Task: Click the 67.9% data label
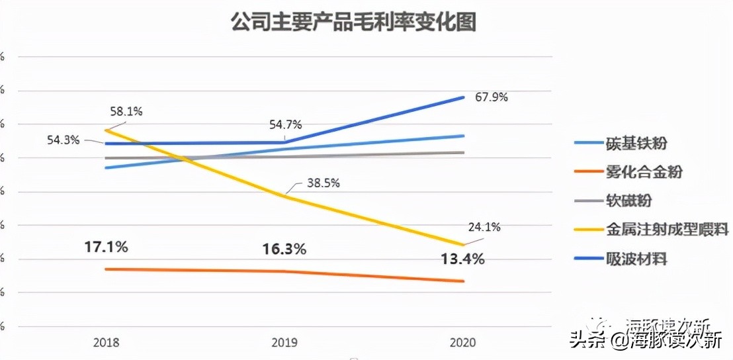point(492,97)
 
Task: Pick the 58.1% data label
point(126,112)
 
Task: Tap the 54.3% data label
point(64,140)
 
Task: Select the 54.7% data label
point(285,124)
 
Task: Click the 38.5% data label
point(323,183)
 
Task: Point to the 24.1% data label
point(484,227)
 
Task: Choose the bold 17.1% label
point(106,247)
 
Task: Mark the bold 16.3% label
point(284,249)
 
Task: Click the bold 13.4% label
point(462,259)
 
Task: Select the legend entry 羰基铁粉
point(636,142)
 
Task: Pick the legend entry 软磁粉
point(629,201)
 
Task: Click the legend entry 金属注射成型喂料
point(667,229)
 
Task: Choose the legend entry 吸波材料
point(636,258)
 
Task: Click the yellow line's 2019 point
point(284,196)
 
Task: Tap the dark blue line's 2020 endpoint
point(463,97)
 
